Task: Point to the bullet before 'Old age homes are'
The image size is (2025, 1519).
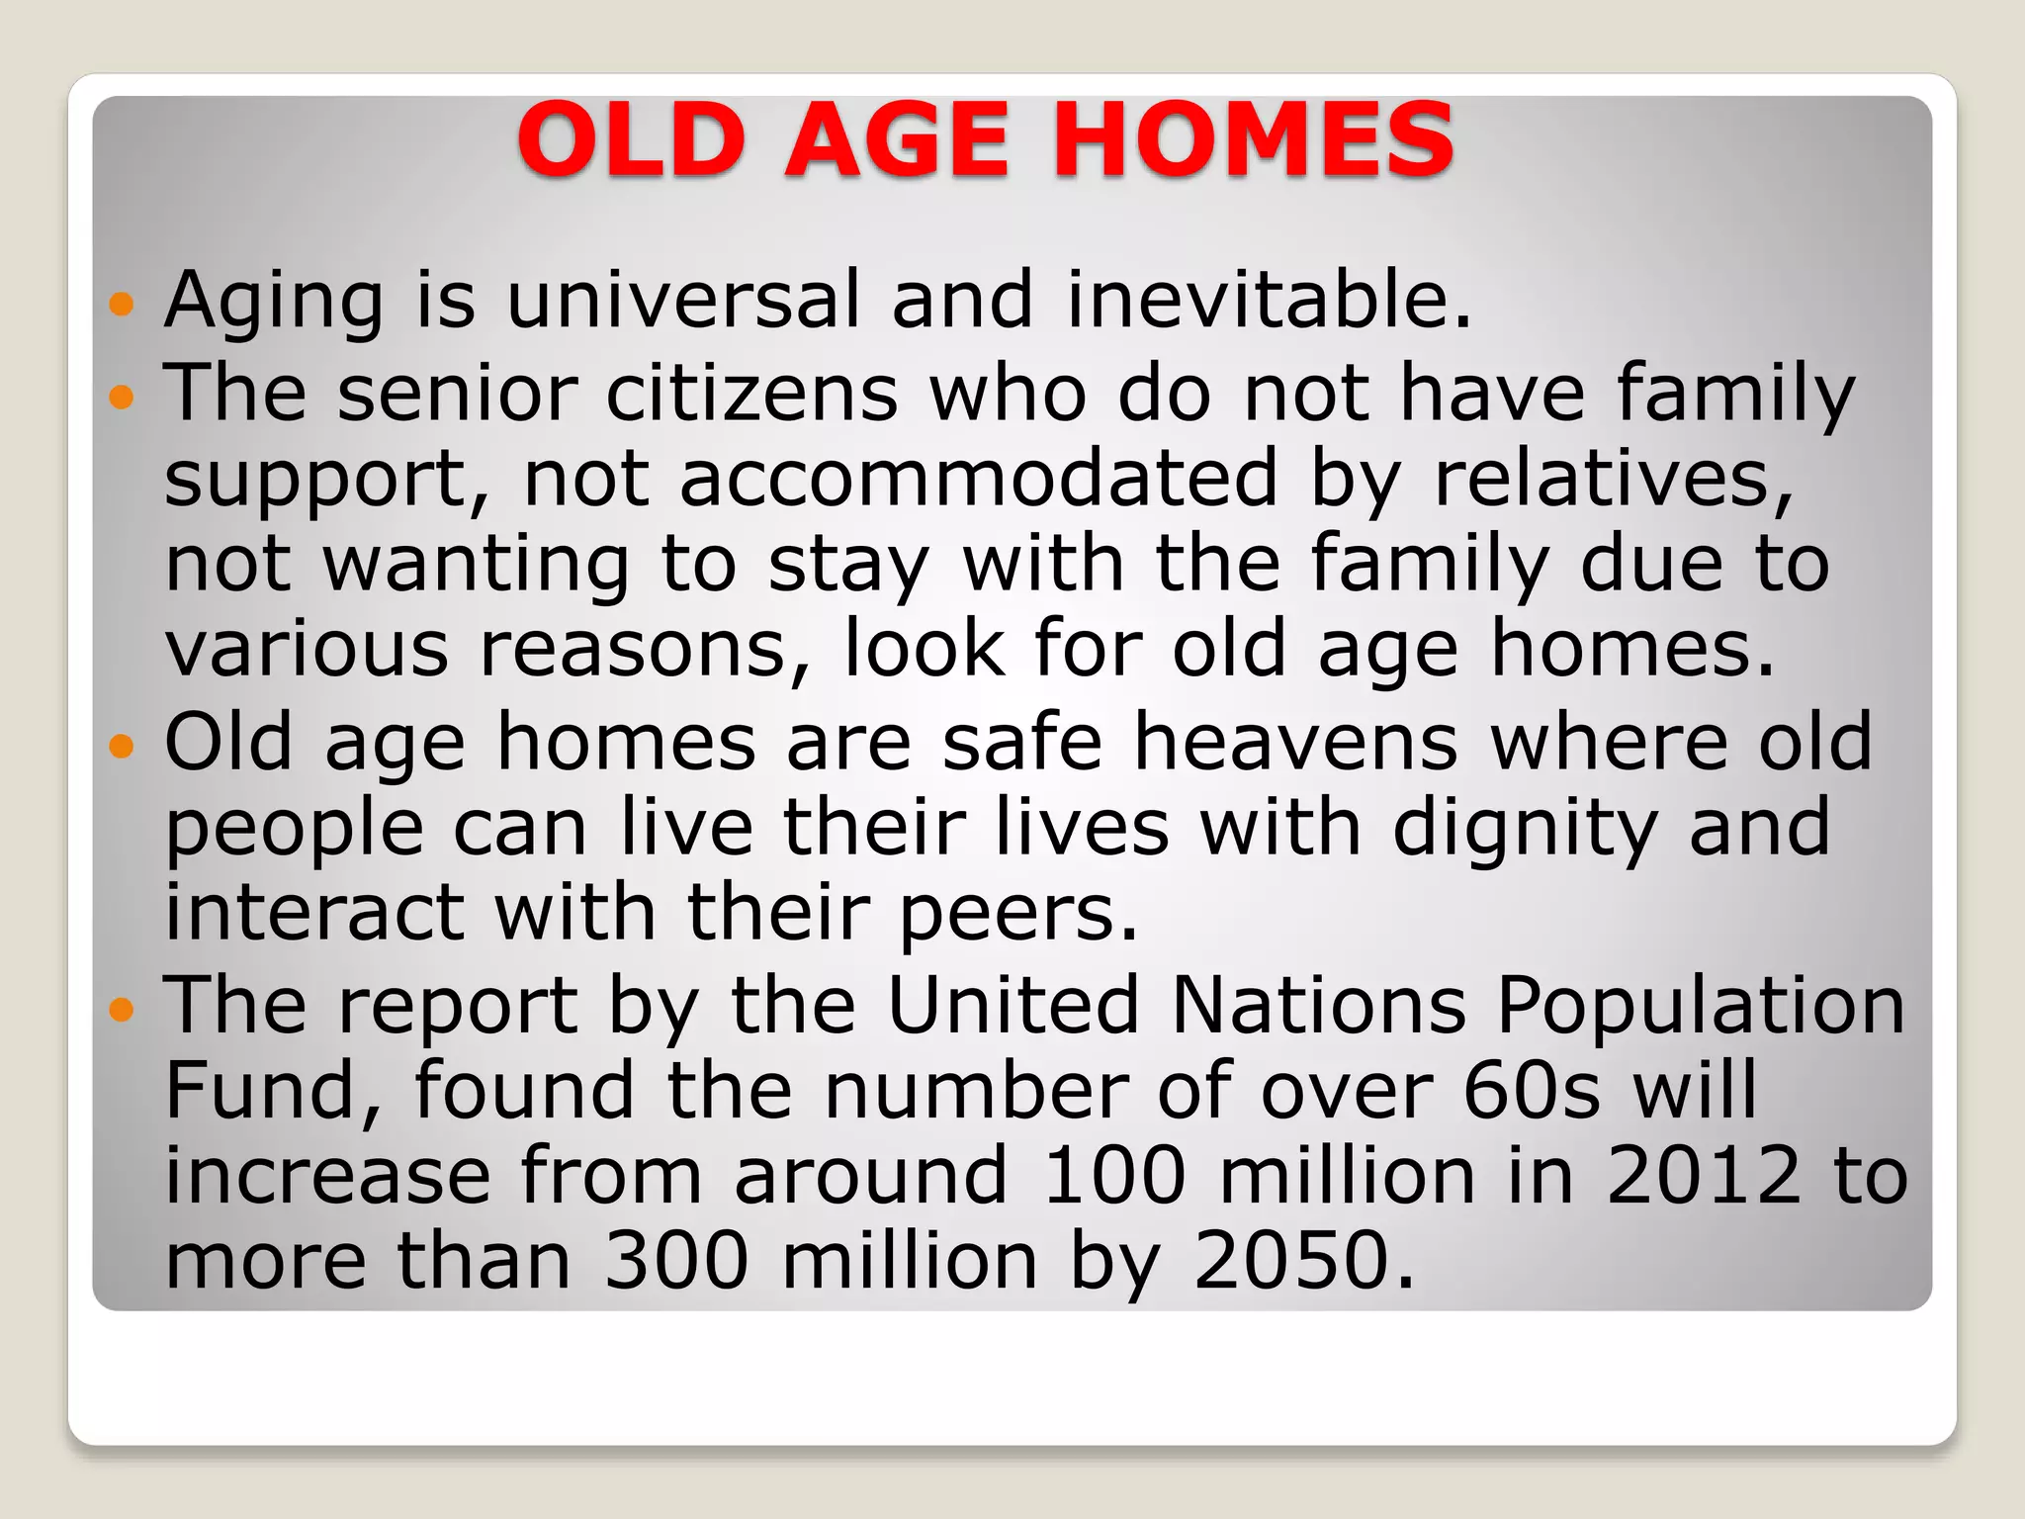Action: point(122,746)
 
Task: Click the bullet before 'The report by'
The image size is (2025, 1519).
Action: point(122,1010)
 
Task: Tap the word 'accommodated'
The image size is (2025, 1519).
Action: point(979,479)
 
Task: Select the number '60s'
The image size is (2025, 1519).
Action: point(1532,1091)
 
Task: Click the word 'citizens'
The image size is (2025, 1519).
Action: point(751,394)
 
